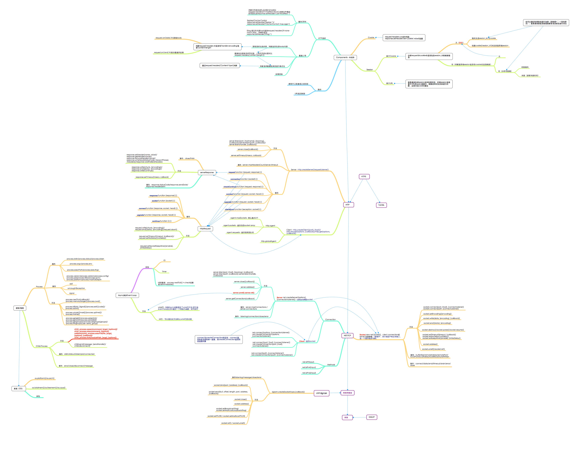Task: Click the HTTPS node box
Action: [x=364, y=176]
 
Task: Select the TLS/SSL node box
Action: [x=381, y=205]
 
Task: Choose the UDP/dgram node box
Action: [x=321, y=393]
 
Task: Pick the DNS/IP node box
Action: [x=372, y=417]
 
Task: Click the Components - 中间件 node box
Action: [x=345, y=58]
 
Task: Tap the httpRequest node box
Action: [x=205, y=229]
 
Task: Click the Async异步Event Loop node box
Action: [x=127, y=295]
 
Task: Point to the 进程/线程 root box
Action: [x=20, y=308]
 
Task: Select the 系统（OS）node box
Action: [x=19, y=389]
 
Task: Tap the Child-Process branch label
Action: [x=42, y=346]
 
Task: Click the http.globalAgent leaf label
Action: [x=269, y=241]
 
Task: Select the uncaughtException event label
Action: [x=76, y=288]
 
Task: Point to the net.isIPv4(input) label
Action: [x=309, y=367]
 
